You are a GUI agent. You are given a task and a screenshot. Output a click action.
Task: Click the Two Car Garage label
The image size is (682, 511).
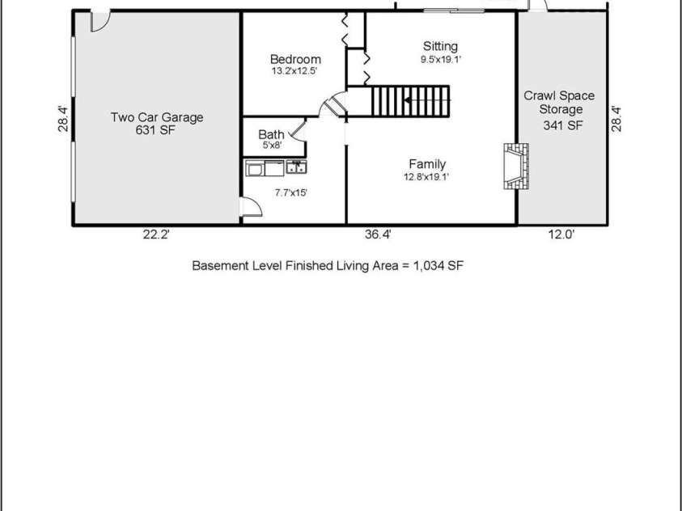point(157,117)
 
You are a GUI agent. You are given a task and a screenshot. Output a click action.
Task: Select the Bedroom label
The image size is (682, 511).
point(295,59)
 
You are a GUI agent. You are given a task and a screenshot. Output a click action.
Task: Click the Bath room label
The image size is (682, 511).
point(270,135)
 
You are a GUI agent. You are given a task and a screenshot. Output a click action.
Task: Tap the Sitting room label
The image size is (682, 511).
point(440,46)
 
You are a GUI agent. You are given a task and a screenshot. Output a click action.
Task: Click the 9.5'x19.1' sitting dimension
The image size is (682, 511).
point(440,59)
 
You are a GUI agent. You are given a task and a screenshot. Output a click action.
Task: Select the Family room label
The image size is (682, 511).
point(426,164)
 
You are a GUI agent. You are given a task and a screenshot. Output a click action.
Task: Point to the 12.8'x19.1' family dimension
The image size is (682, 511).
point(426,177)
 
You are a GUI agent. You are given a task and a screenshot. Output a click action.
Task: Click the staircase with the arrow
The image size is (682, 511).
point(409,101)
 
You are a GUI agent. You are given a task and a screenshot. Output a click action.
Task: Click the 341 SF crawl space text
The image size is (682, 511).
point(562,125)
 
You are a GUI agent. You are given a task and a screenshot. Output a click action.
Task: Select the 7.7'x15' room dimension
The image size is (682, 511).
point(291,192)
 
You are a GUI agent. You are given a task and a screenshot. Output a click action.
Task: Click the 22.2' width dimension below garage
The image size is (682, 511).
point(156,235)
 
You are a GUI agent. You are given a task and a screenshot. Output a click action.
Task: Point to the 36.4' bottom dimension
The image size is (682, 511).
point(379,235)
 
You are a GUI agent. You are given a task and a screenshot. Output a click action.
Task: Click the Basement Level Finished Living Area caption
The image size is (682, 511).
point(328,265)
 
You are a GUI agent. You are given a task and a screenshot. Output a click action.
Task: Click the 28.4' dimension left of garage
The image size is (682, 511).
point(62,119)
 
